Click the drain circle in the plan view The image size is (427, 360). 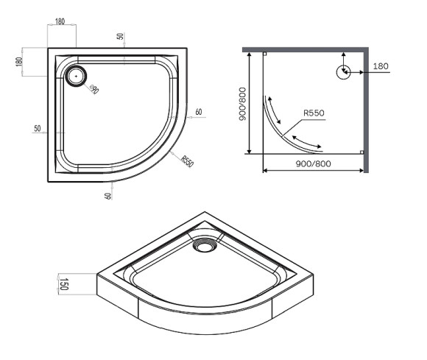tap(76, 74)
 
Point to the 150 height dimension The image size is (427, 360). tap(64, 283)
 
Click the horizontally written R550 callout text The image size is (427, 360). tap(314, 113)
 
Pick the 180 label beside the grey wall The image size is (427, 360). tap(381, 66)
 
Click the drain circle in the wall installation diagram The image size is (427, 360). tap(342, 72)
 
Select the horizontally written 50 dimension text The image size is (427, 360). tap(37, 128)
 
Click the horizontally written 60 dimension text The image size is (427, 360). tap(199, 112)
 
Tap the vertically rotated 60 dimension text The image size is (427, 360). tap(109, 194)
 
